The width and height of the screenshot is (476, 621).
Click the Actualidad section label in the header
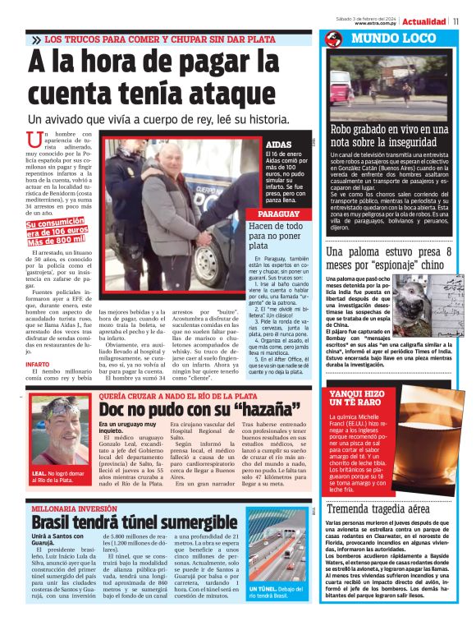[x=425, y=21]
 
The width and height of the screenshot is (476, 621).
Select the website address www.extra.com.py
[x=377, y=23]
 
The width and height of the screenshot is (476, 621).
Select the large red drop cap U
[x=34, y=142]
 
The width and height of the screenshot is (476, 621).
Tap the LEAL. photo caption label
[x=41, y=474]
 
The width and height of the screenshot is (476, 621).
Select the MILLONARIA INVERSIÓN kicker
[x=75, y=510]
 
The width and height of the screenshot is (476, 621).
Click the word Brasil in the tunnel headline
[x=52, y=523]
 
